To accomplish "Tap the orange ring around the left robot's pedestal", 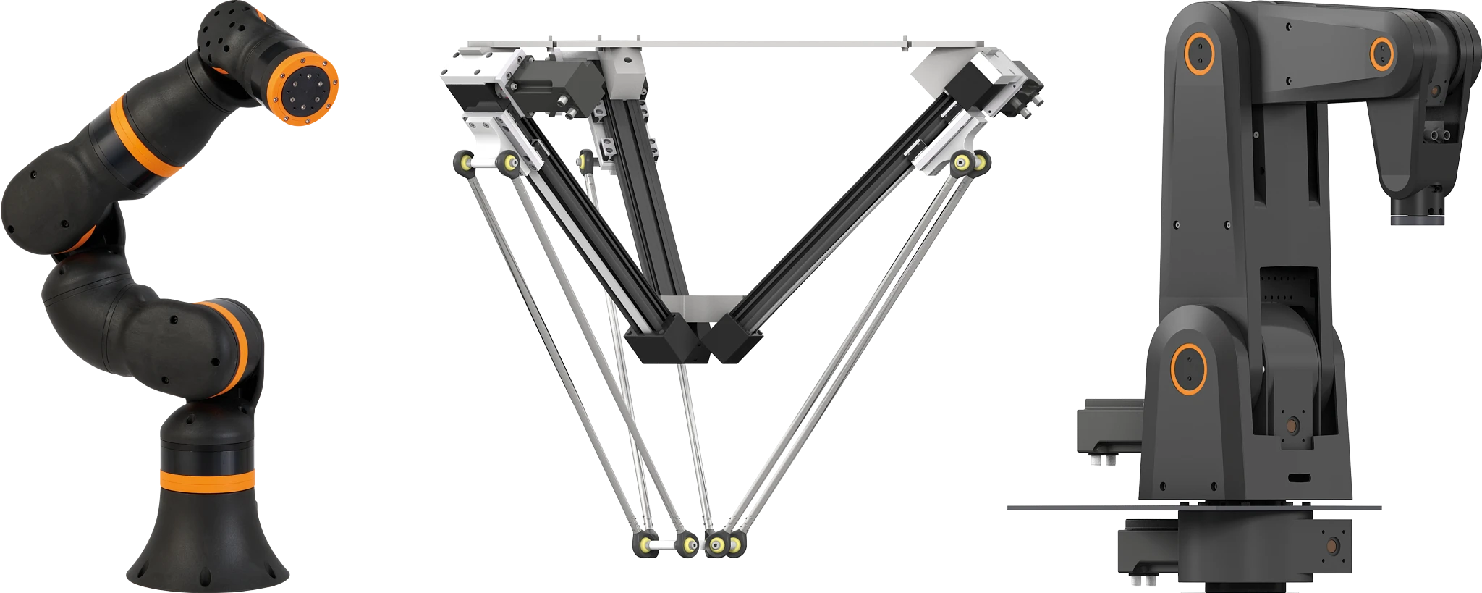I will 207,479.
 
